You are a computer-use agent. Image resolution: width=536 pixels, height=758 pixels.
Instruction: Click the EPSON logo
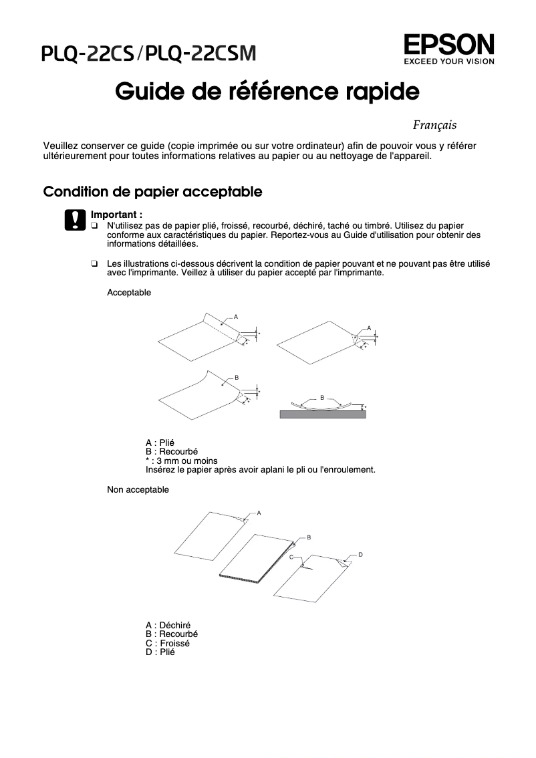448,45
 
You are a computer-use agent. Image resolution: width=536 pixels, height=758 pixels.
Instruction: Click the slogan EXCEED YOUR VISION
448,61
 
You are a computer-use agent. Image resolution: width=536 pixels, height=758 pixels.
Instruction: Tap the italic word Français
434,125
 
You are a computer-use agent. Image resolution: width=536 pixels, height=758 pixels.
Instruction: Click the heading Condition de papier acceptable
152,192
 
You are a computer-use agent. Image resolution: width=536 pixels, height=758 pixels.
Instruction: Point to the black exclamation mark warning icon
75,220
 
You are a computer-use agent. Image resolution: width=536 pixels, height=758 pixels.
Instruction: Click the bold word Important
116,215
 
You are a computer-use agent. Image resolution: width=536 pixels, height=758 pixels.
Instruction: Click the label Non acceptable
138,490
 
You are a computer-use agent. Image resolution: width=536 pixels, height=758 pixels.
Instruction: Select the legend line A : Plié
160,443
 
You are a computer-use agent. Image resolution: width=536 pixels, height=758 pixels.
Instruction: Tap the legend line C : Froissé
167,643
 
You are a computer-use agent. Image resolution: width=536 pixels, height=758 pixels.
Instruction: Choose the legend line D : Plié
160,652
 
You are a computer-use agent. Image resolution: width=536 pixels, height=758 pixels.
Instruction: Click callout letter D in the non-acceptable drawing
360,555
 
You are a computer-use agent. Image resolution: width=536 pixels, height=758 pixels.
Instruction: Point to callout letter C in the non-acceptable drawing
291,556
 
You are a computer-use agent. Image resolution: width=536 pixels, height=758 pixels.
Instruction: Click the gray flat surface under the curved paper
323,414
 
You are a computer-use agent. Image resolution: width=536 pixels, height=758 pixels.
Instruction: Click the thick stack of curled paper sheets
254,558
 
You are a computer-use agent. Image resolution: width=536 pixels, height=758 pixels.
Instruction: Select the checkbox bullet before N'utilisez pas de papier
94,227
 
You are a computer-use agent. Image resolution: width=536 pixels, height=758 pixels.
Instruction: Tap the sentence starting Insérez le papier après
260,469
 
